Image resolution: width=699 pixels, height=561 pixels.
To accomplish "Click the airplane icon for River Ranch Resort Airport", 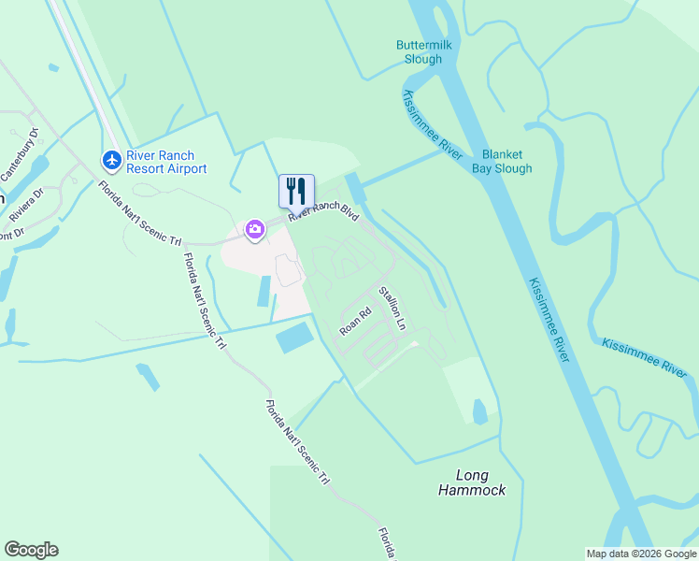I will (112, 161).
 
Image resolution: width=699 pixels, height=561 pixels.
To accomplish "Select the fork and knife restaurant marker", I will (296, 191).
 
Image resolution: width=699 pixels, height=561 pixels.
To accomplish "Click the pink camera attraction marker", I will (254, 229).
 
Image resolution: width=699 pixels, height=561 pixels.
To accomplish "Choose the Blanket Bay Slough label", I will (506, 162).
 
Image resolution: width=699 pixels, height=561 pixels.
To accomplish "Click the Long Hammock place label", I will (473, 482).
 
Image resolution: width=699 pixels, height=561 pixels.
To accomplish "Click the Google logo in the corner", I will (31, 550).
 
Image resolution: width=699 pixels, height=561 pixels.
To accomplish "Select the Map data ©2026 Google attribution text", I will (641, 554).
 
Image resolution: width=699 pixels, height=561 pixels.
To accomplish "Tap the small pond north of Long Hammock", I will (479, 411).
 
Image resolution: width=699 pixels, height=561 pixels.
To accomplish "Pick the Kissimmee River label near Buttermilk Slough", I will (432, 125).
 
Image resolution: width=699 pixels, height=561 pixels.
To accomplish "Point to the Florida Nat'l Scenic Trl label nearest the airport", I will (140, 212).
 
